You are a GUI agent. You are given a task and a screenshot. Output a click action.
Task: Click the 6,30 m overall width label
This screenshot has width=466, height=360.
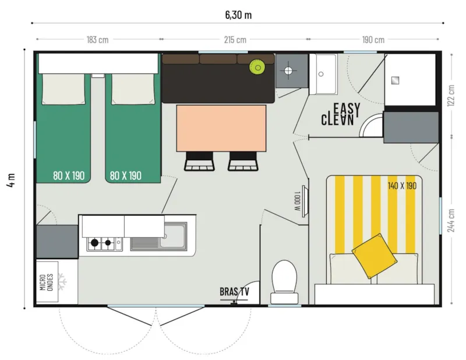click(x=238, y=15)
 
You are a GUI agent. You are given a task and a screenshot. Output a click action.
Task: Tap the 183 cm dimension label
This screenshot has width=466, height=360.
click(x=98, y=40)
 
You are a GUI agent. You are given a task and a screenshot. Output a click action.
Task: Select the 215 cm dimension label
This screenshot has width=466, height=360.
click(x=235, y=40)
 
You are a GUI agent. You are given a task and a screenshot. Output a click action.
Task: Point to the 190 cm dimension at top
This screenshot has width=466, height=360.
click(x=373, y=40)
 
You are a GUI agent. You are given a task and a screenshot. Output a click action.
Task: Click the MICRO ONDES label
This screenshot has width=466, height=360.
click(x=47, y=281)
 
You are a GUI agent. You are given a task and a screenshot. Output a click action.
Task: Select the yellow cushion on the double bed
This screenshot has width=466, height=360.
click(x=372, y=255)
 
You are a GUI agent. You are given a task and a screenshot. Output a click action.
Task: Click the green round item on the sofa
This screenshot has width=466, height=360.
click(x=256, y=67)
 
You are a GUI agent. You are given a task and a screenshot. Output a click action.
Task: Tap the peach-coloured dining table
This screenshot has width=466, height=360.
click(x=221, y=128)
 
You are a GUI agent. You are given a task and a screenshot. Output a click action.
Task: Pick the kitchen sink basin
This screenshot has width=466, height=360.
click(x=172, y=239)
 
